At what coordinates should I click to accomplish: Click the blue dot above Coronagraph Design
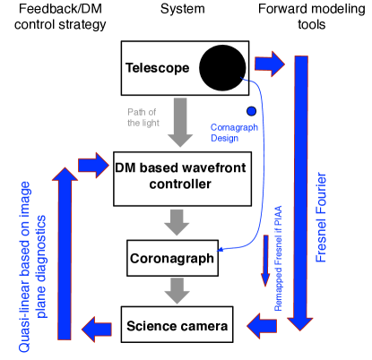pos(251,111)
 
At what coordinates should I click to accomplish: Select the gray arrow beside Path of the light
pos(180,122)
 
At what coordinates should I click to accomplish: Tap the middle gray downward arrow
pos(177,222)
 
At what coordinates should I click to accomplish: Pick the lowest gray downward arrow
pos(177,290)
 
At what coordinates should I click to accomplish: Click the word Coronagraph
pos(234,127)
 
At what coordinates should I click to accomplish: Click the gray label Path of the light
pos(143,116)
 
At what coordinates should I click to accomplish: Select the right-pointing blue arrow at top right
pos(269,64)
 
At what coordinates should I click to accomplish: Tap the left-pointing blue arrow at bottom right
pos(262,325)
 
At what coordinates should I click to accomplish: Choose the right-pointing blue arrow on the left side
pos(93,165)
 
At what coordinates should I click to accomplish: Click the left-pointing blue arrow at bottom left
pos(97,329)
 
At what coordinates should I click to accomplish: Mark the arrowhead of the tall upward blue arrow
pos(65,174)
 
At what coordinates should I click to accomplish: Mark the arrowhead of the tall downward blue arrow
pos(300,322)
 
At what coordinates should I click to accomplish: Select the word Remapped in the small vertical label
pos(278,293)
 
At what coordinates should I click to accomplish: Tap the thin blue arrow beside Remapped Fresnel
pos(265,261)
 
